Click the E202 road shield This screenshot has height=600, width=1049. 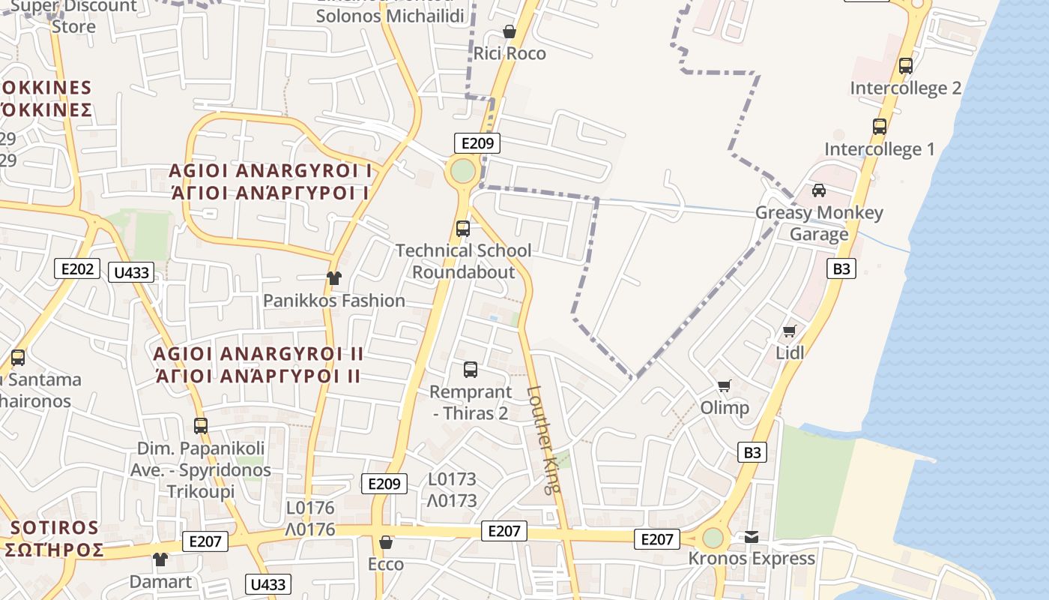pyautogui.click(x=76, y=268)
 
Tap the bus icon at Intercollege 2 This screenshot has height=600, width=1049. pyautogui.click(x=905, y=66)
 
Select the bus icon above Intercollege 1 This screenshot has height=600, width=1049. pyautogui.click(x=880, y=127)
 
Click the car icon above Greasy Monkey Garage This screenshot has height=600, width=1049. pyautogui.click(x=819, y=190)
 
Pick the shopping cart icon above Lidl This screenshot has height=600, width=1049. pyautogui.click(x=789, y=331)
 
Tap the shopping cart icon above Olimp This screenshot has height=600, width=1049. pyautogui.click(x=724, y=386)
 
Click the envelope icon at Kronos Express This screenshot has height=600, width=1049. pyautogui.click(x=752, y=537)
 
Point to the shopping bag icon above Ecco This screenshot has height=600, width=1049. pyautogui.click(x=386, y=542)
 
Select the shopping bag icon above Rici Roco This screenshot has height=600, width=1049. pyautogui.click(x=510, y=31)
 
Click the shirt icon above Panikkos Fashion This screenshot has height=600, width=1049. pyautogui.click(x=333, y=278)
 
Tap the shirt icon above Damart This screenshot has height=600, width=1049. pyautogui.click(x=160, y=559)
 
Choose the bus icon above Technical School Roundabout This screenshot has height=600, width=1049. pyautogui.click(x=463, y=229)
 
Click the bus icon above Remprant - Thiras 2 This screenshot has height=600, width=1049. pyautogui.click(x=471, y=370)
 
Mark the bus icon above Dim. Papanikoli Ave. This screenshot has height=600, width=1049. pyautogui.click(x=200, y=426)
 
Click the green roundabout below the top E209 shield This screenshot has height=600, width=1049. pyautogui.click(x=463, y=171)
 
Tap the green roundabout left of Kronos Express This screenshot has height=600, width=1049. pyautogui.click(x=713, y=538)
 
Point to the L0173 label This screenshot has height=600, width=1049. pyautogui.click(x=452, y=479)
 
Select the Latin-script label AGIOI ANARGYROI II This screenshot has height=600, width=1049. pyautogui.click(x=258, y=353)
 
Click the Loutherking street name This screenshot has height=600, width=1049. pyautogui.click(x=543, y=439)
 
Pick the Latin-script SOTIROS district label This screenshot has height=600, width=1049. pyautogui.click(x=55, y=527)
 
